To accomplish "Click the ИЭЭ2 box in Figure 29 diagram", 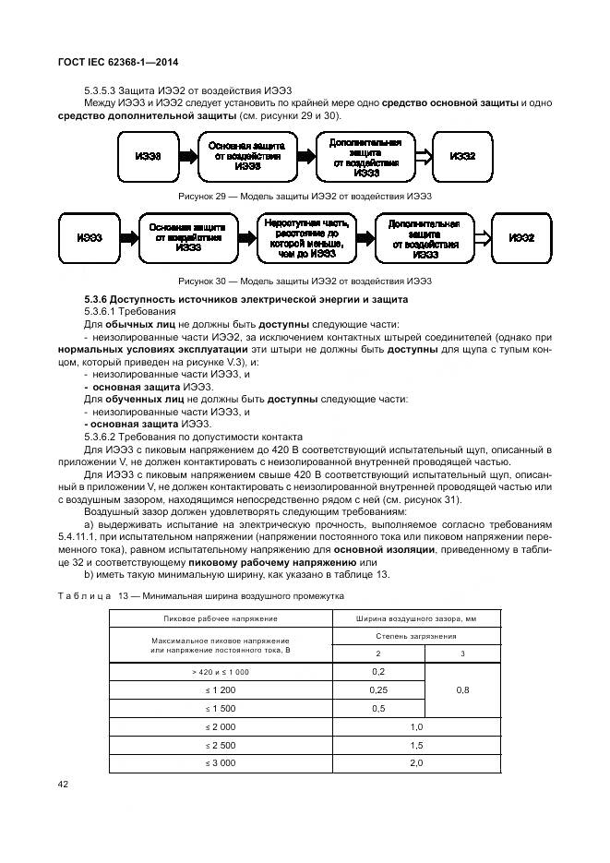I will [463, 157].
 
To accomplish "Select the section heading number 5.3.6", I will [97, 300].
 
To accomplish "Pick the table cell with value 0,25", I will [377, 689].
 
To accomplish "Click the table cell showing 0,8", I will [463, 689].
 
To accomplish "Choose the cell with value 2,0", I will [415, 762].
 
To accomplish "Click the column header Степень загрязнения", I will [415, 635].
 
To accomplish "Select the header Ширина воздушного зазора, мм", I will [415, 617].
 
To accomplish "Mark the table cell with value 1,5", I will [415, 744].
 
